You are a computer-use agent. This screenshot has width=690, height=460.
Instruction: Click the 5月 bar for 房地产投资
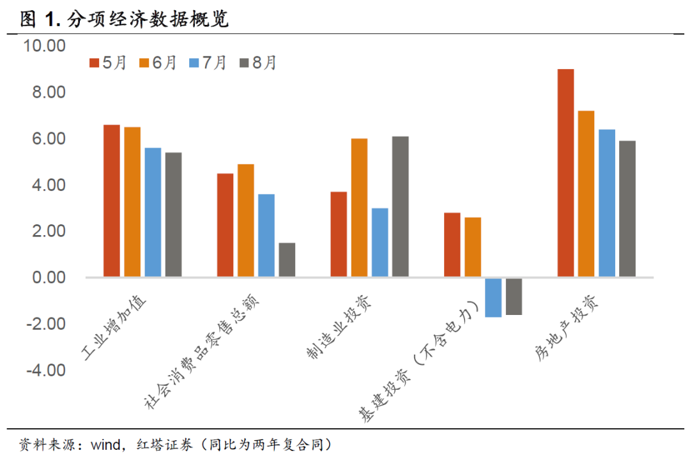(x=565, y=173)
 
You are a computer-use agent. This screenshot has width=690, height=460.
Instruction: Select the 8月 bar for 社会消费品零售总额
(x=287, y=260)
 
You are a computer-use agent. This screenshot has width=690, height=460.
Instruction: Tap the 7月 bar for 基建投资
(x=493, y=298)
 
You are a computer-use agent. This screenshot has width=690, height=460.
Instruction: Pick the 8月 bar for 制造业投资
(x=400, y=206)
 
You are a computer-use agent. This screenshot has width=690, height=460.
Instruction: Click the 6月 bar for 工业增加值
(x=132, y=202)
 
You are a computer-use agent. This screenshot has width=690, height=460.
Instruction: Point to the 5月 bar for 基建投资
(x=452, y=245)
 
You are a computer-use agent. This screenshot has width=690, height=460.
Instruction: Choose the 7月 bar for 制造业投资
(x=379, y=243)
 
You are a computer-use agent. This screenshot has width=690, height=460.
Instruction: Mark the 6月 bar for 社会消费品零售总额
(x=246, y=220)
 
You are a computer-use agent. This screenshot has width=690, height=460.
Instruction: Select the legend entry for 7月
(x=208, y=63)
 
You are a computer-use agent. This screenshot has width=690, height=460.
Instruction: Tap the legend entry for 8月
(x=257, y=63)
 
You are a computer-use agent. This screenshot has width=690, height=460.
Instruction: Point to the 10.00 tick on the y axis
(x=45, y=47)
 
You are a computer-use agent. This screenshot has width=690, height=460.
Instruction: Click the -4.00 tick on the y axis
(x=45, y=371)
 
